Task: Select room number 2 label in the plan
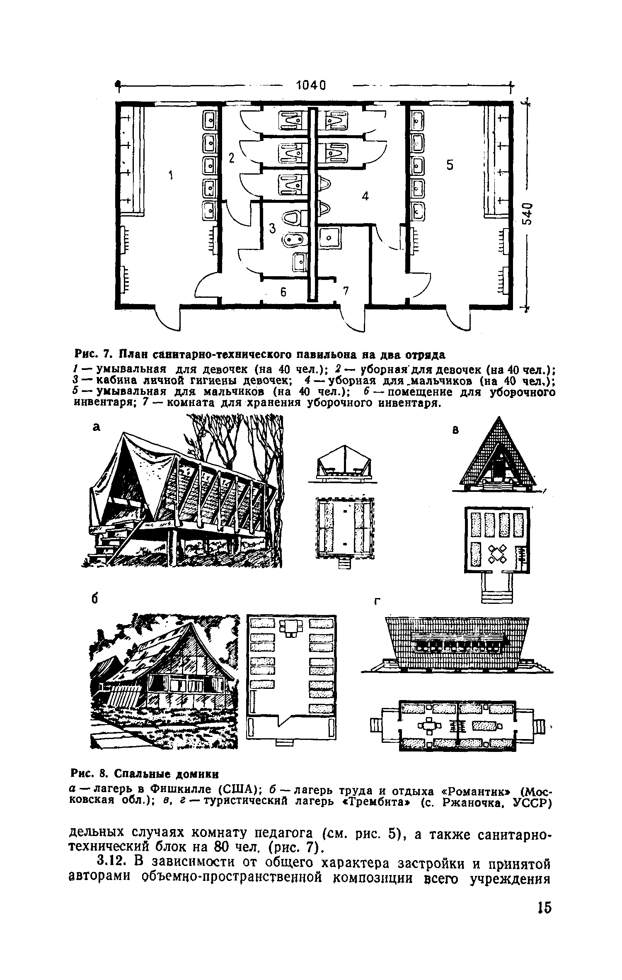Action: click(x=231, y=158)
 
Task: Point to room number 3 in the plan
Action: click(x=272, y=228)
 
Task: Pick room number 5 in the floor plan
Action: click(x=450, y=165)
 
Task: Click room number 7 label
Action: click(x=346, y=292)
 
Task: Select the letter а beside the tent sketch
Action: click(x=97, y=428)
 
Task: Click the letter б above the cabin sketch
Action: click(x=95, y=599)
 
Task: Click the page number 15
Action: click(x=544, y=918)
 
